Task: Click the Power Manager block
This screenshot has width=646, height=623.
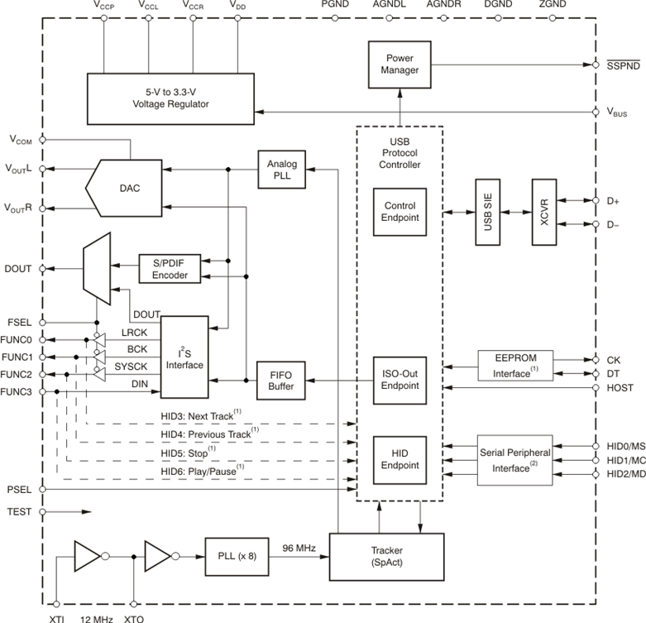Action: (x=400, y=64)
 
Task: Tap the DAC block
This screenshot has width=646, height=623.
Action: (x=129, y=188)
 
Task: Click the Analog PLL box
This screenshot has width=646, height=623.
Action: (x=282, y=170)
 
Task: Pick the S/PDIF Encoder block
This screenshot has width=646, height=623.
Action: (x=170, y=267)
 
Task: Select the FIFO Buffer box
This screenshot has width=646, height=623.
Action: (x=282, y=380)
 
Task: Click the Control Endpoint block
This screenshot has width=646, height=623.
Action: (x=400, y=211)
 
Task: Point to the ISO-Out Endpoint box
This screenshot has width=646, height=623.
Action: (x=400, y=379)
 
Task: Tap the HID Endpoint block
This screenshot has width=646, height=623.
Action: (x=400, y=458)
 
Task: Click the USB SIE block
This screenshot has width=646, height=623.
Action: (x=487, y=212)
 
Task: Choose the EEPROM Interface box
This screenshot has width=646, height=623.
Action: (x=515, y=364)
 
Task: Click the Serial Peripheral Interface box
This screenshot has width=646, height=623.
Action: (x=515, y=461)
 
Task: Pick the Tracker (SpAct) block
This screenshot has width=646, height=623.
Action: (x=387, y=556)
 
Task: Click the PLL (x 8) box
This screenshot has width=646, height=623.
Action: (x=231, y=556)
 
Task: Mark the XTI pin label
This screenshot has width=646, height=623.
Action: (x=55, y=617)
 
